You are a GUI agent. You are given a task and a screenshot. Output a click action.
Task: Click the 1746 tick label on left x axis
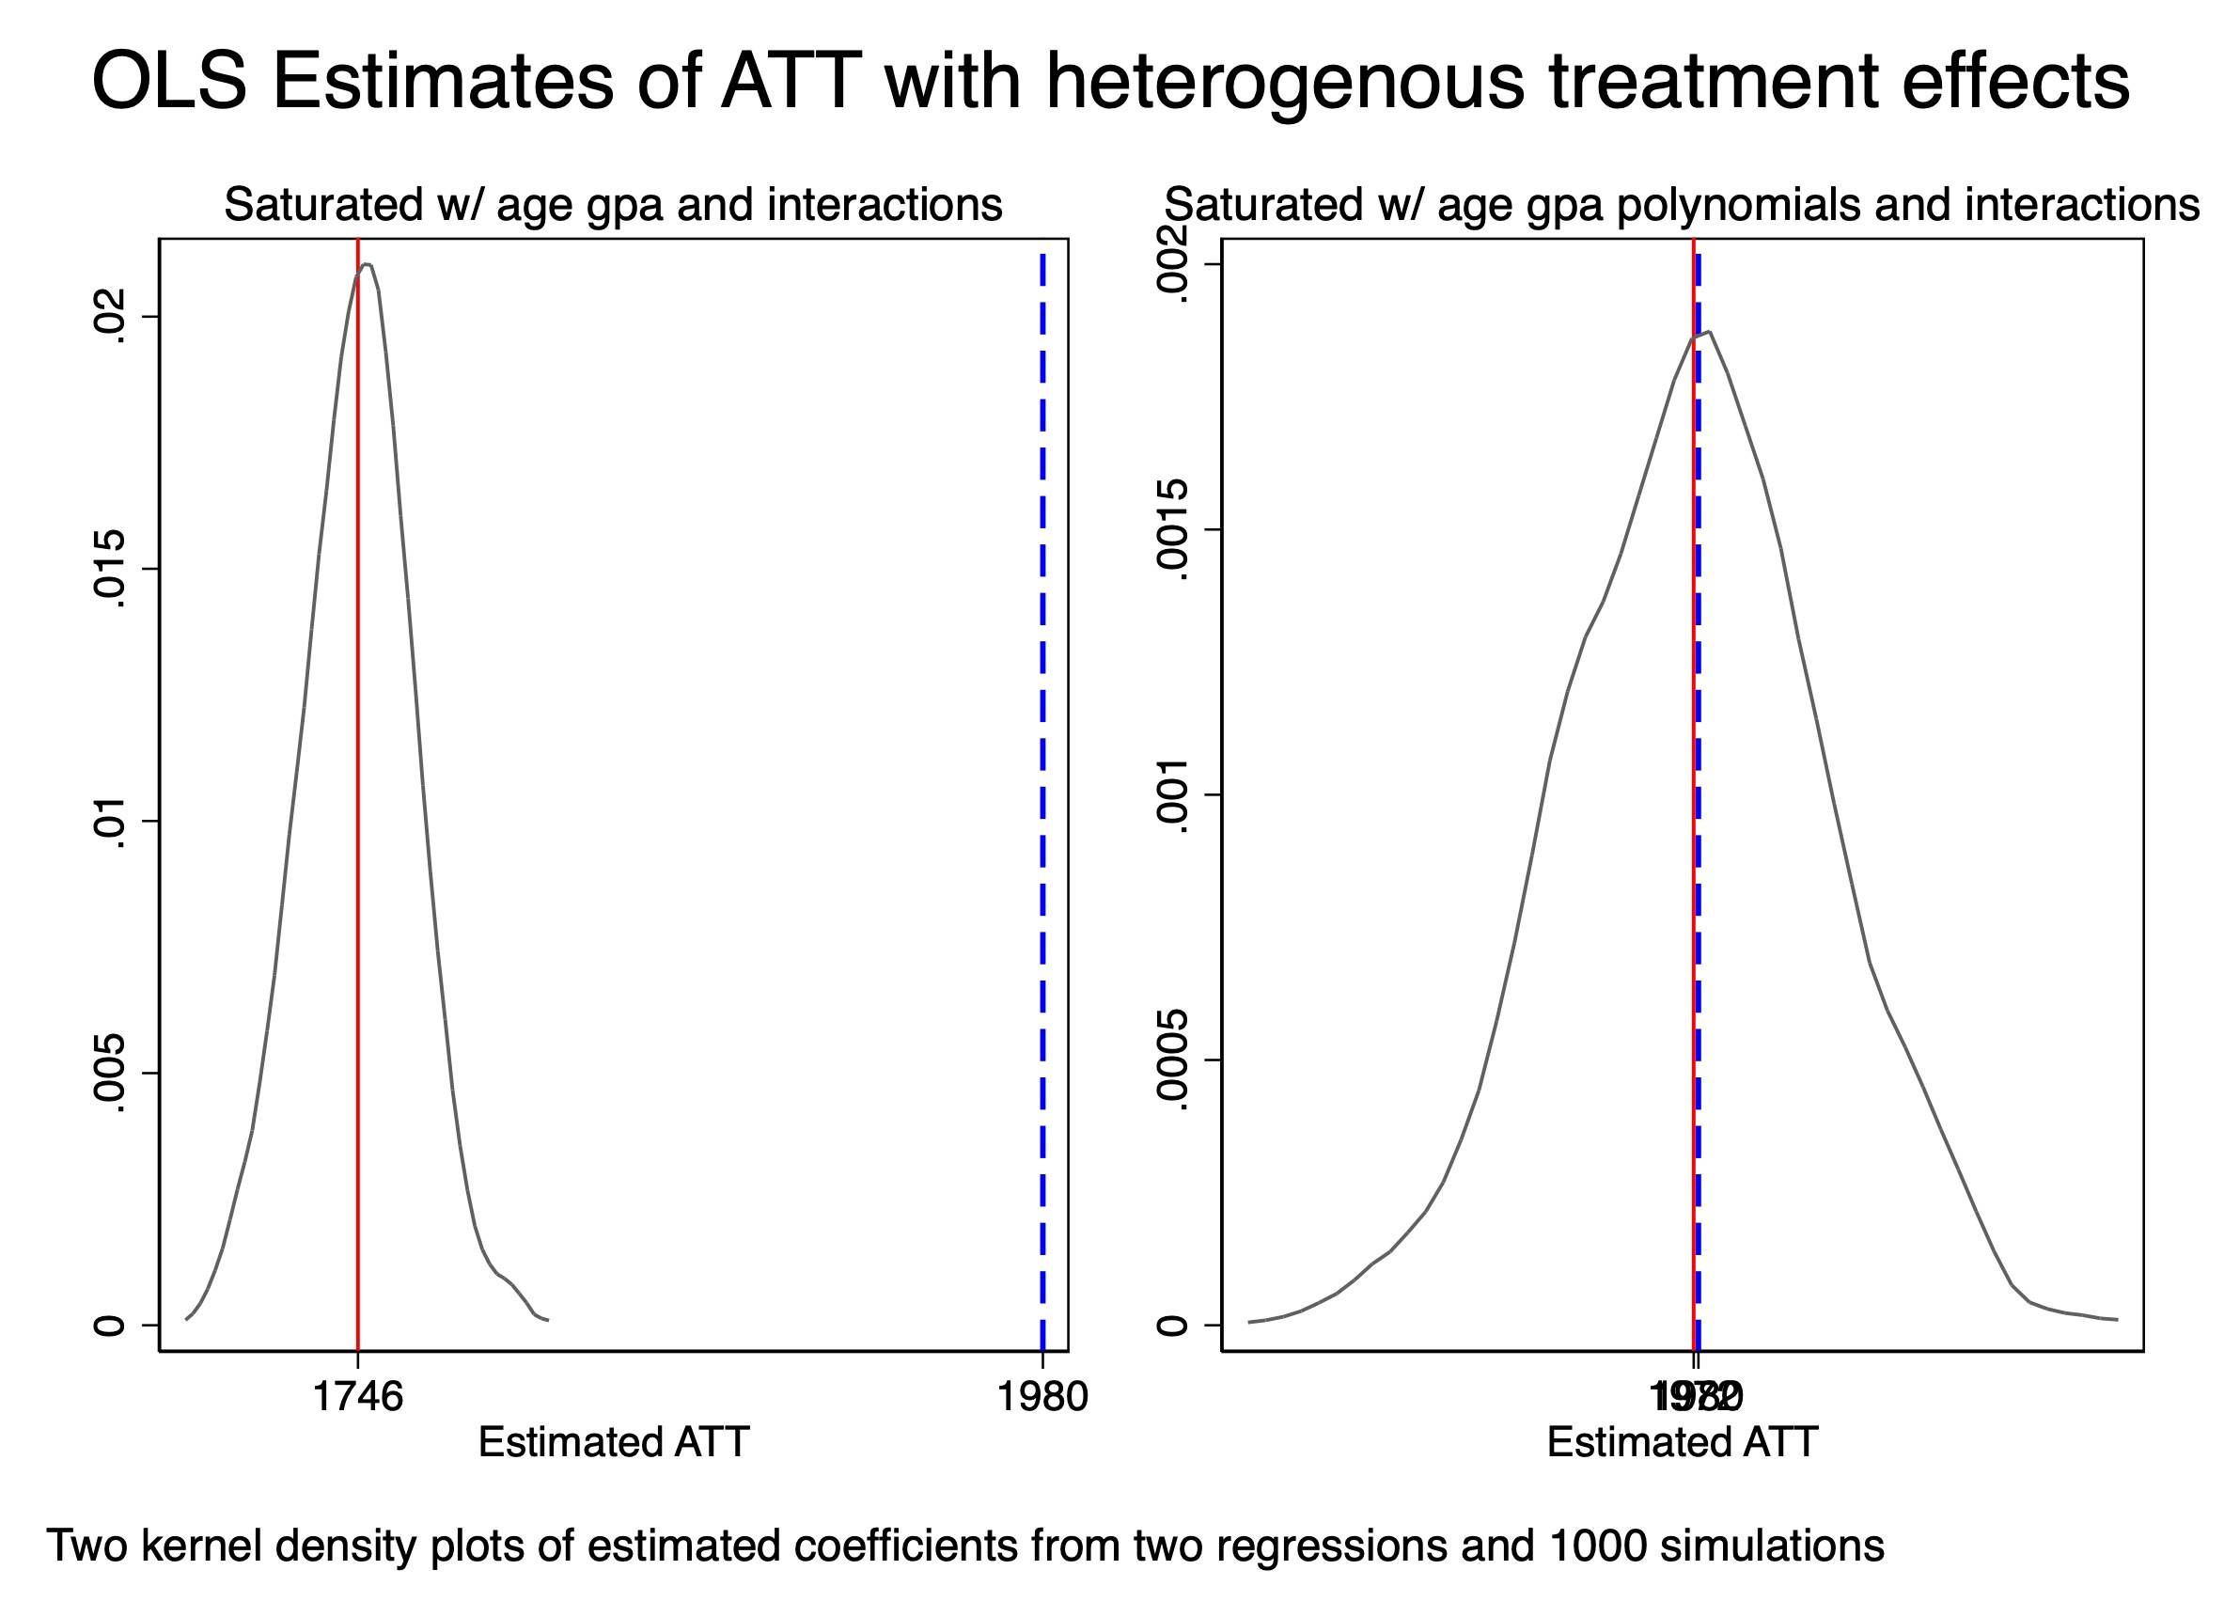tap(357, 1396)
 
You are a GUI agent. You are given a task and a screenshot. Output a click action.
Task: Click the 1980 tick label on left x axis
tap(1042, 1396)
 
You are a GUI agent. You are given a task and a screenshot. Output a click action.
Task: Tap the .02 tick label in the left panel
tap(108, 317)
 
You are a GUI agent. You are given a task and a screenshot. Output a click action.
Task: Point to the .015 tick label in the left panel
tap(108, 569)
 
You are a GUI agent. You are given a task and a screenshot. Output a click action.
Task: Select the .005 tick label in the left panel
tap(108, 1073)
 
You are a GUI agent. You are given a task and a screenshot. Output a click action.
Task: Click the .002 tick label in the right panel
tap(1171, 264)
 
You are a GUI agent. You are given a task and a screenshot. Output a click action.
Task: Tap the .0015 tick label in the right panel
tap(1171, 530)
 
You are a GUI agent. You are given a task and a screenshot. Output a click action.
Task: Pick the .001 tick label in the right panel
tap(1171, 795)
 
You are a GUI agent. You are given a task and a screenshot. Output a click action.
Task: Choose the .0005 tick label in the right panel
tap(1171, 1060)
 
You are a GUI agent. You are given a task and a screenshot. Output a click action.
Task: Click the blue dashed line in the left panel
tap(1042, 784)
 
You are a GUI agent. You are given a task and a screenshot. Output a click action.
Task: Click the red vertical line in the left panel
tap(358, 784)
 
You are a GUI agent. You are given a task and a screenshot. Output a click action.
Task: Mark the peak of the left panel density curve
tap(366, 265)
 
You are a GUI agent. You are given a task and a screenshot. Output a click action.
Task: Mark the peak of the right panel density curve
tap(1709, 333)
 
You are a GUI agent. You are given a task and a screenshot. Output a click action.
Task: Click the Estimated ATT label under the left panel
tap(613, 1442)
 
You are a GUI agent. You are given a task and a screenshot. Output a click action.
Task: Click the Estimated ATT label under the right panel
tap(1682, 1442)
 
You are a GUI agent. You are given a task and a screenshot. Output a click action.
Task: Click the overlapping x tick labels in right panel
tap(1696, 1396)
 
